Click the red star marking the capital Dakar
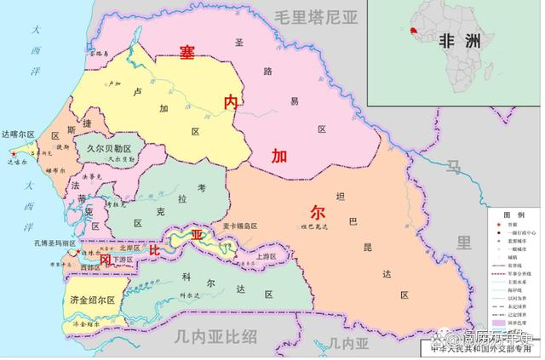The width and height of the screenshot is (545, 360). tap(12, 152)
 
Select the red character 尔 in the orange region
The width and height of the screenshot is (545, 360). tap(317, 212)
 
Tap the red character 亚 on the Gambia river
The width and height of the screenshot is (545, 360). tap(197, 235)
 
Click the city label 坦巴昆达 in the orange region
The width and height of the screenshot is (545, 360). tap(314, 226)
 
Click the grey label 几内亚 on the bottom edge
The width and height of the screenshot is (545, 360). tap(348, 343)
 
